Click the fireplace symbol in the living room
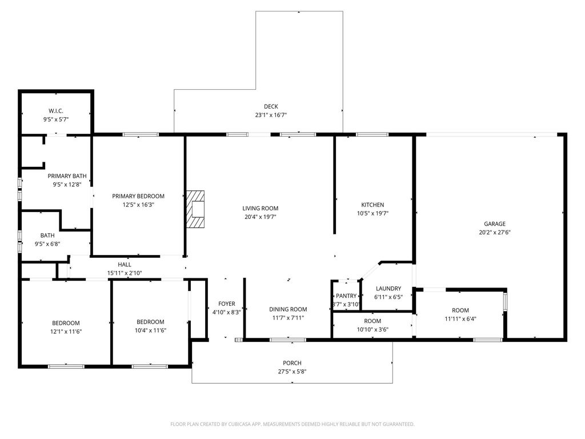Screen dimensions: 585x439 [x=195, y=209]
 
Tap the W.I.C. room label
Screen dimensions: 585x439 [x=56, y=111]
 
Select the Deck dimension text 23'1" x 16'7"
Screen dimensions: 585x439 [x=271, y=115]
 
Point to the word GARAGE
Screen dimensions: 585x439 [x=495, y=224]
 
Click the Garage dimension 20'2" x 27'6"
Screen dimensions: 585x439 [x=495, y=232]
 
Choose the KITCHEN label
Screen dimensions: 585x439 [x=372, y=205]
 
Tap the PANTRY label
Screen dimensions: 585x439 [x=346, y=296]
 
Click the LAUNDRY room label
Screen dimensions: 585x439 [x=388, y=288]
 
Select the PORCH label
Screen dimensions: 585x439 [x=292, y=363]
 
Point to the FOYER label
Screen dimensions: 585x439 [x=227, y=304]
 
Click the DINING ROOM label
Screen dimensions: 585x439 [x=288, y=309]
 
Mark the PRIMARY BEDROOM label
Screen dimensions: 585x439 [x=138, y=196]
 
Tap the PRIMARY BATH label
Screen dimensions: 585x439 [x=67, y=176]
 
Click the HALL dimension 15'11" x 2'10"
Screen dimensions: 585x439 [x=125, y=273]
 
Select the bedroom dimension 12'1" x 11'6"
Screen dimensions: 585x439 [x=66, y=332]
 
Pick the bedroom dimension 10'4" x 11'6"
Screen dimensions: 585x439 [x=150, y=330]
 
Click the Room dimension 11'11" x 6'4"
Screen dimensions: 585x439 [x=460, y=319]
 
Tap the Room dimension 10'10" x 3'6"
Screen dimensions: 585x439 [x=372, y=330]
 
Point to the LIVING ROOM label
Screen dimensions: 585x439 [x=261, y=208]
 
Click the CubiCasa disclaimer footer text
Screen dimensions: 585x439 [x=292, y=424]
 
